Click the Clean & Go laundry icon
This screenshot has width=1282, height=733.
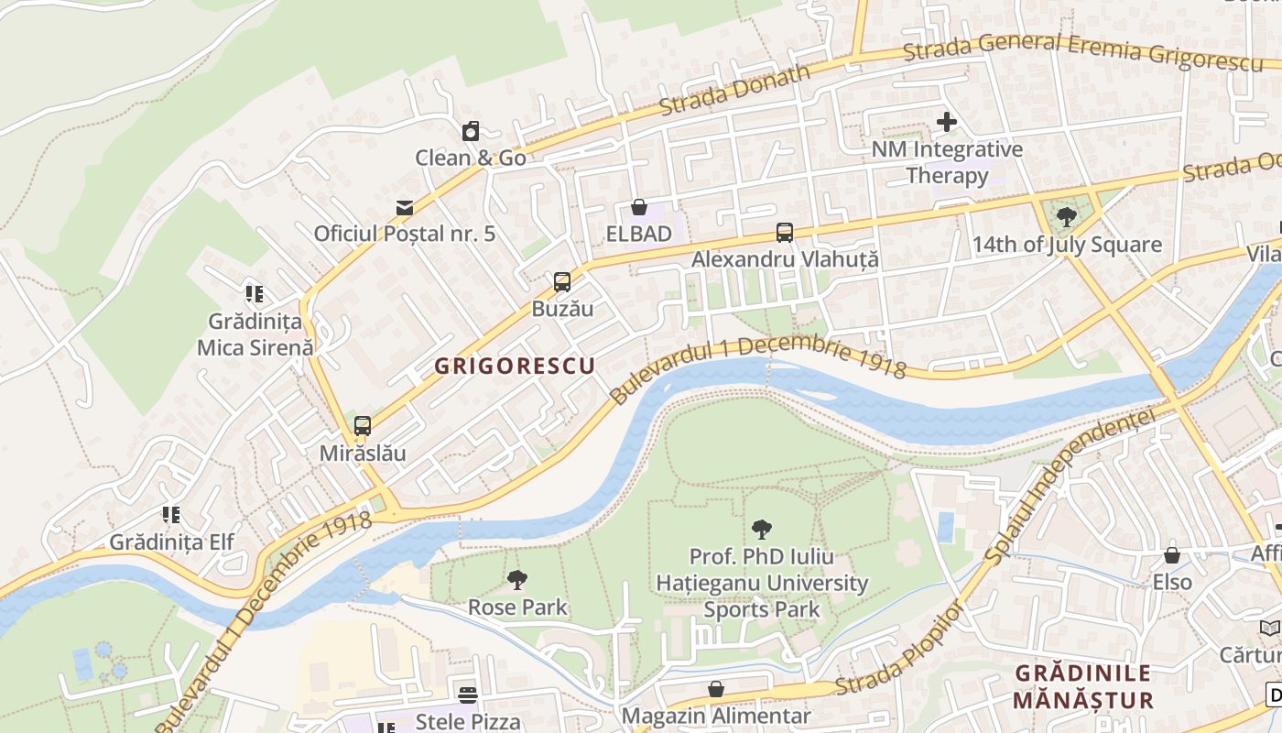pyautogui.click(x=470, y=132)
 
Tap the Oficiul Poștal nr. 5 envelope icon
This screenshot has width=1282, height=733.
pyautogui.click(x=405, y=208)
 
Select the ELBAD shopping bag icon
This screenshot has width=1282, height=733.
pyautogui.click(x=639, y=208)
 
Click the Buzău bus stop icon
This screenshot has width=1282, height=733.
pyautogui.click(x=562, y=282)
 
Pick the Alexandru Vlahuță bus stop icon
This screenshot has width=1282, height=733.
pyautogui.click(x=785, y=233)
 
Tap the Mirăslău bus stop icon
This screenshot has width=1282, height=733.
pyautogui.click(x=363, y=426)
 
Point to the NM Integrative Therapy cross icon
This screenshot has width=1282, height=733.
pyautogui.click(x=947, y=122)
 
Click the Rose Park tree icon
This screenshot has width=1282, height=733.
pyautogui.click(x=517, y=580)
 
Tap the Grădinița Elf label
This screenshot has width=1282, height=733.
pyautogui.click(x=172, y=542)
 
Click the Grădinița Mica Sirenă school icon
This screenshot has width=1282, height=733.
pyautogui.click(x=255, y=295)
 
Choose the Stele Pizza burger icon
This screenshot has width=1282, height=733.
pyautogui.click(x=468, y=695)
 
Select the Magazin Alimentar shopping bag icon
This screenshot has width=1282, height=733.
pyautogui.click(x=716, y=689)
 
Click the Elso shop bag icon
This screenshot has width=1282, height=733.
pyautogui.click(x=1172, y=556)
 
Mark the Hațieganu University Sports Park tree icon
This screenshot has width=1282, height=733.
pyautogui.click(x=761, y=529)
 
